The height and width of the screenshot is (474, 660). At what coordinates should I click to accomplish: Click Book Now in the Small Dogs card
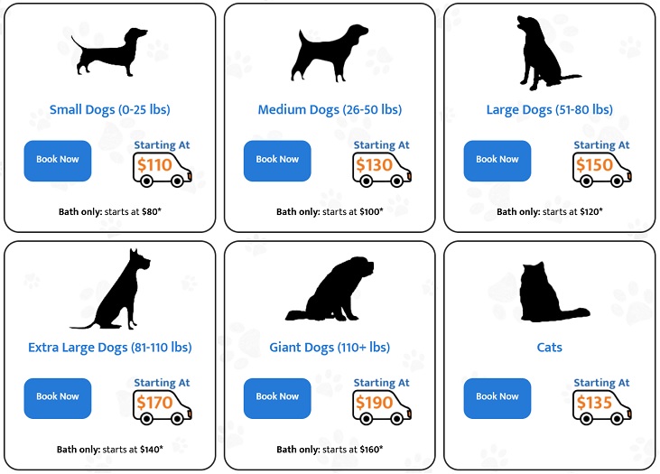pyautogui.click(x=58, y=161)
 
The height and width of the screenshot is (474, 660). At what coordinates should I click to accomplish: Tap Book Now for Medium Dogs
pyautogui.click(x=277, y=161)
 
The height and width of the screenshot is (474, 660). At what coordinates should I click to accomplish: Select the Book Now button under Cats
pyautogui.click(x=497, y=398)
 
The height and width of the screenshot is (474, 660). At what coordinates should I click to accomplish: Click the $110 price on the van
pyautogui.click(x=154, y=165)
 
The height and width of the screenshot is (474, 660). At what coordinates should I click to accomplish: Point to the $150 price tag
pyautogui.click(x=594, y=165)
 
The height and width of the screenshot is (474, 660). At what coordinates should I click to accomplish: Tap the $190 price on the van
pyautogui.click(x=374, y=403)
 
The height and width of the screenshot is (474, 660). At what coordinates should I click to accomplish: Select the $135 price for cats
pyautogui.click(x=594, y=403)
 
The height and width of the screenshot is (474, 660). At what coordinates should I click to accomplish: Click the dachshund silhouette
pyautogui.click(x=109, y=52)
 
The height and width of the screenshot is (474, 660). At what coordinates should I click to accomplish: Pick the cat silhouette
pyautogui.click(x=554, y=292)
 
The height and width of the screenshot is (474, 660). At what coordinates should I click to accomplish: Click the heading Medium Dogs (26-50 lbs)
pyautogui.click(x=330, y=110)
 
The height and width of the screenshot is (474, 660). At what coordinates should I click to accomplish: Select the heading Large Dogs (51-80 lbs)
pyautogui.click(x=549, y=110)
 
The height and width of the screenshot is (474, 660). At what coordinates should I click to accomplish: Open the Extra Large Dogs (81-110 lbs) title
pyautogui.click(x=110, y=348)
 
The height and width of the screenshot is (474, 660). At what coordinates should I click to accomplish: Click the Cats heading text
pyautogui.click(x=549, y=348)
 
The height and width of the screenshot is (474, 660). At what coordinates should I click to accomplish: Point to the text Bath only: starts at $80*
pyautogui.click(x=110, y=211)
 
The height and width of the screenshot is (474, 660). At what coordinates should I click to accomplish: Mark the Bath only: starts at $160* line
pyautogui.click(x=330, y=449)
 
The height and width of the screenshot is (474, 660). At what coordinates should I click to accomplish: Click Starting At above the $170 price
pyautogui.click(x=162, y=383)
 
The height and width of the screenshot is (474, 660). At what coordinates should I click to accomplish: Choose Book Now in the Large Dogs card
pyautogui.click(x=497, y=161)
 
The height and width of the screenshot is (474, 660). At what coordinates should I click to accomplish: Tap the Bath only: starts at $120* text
pyautogui.click(x=549, y=211)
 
